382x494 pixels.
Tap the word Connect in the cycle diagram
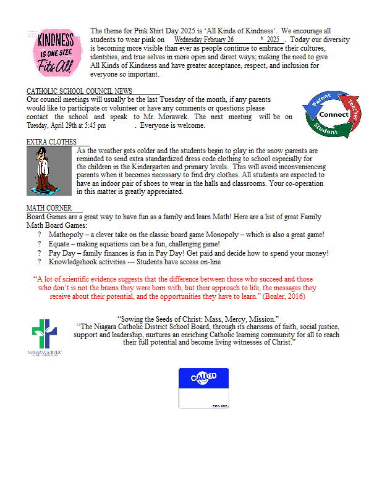pos(334,114)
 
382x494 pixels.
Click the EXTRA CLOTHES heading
pos(51,142)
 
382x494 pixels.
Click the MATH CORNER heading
pos(48,208)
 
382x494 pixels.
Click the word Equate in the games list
pos(61,244)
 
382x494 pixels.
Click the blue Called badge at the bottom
pos(203,388)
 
